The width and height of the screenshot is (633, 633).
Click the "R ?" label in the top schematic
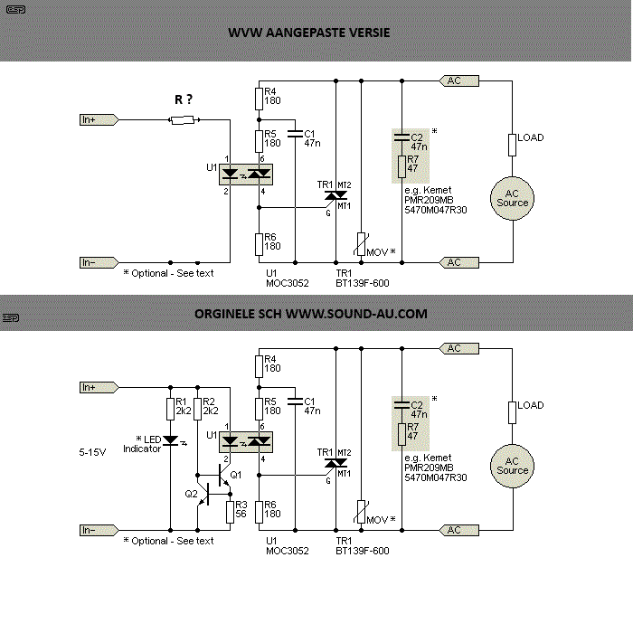pyautogui.click(x=184, y=99)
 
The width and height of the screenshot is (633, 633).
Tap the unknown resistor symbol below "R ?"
pyautogui.click(x=183, y=120)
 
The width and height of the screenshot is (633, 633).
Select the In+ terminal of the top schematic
pyautogui.click(x=99, y=120)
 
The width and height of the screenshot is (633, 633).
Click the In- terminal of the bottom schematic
pyautogui.click(x=99, y=530)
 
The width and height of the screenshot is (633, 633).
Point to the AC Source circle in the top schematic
pyautogui.click(x=513, y=199)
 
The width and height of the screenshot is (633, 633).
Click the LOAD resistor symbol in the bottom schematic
pyautogui.click(x=513, y=412)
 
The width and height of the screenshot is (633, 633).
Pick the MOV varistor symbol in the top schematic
pyautogui.click(x=362, y=244)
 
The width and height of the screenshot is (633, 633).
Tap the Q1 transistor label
pyautogui.click(x=236, y=475)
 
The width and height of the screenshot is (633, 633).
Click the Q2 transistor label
pyautogui.click(x=192, y=494)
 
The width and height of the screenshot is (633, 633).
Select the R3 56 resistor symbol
pyautogui.click(x=230, y=512)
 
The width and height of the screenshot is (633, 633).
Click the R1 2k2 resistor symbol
pyautogui.click(x=170, y=409)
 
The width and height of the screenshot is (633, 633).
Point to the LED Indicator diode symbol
pyautogui.click(x=171, y=441)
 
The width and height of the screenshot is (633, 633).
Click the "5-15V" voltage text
pyautogui.click(x=92, y=452)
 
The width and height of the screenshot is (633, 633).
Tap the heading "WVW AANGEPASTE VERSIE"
pyautogui.click(x=309, y=33)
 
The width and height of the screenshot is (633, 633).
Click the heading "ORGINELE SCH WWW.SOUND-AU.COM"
pyautogui.click(x=311, y=314)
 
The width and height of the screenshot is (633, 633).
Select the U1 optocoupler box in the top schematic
pyautogui.click(x=246, y=175)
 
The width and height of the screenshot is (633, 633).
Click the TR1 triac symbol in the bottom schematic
pyautogui.click(x=335, y=463)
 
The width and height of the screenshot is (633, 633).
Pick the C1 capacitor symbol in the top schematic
pyautogui.click(x=295, y=134)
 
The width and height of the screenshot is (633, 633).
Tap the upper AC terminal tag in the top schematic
pyautogui.click(x=459, y=80)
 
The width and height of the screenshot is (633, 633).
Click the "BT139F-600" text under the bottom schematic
pyautogui.click(x=363, y=551)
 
